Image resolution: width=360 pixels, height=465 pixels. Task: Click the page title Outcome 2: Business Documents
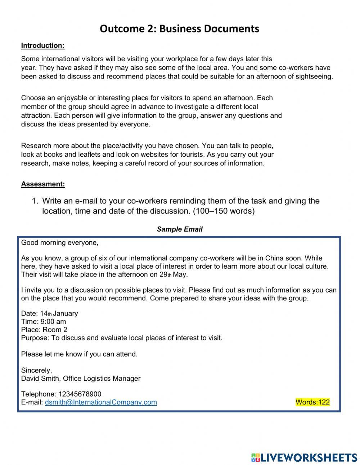(x=179, y=28)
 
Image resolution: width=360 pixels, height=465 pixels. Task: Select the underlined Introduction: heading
(x=42, y=45)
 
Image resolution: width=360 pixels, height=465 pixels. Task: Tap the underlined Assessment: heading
(x=43, y=184)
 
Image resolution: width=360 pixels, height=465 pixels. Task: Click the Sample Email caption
(x=179, y=229)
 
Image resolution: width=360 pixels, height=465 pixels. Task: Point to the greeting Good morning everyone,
(x=60, y=243)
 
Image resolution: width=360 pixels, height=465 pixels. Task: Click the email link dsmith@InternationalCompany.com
(x=101, y=402)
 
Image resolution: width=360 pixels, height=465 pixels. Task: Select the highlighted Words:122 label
(x=312, y=402)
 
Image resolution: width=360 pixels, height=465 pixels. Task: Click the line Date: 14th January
(x=49, y=313)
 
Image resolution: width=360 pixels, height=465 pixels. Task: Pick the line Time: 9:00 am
(x=44, y=322)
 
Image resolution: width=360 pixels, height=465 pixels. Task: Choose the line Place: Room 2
(x=44, y=330)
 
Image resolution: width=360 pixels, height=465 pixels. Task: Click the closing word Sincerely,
(x=36, y=370)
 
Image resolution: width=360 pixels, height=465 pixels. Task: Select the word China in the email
(x=274, y=258)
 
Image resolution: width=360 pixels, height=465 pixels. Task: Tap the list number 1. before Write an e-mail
(x=35, y=201)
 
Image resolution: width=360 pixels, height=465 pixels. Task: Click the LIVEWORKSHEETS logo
(x=304, y=457)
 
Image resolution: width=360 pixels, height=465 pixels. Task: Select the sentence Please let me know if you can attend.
(x=79, y=354)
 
